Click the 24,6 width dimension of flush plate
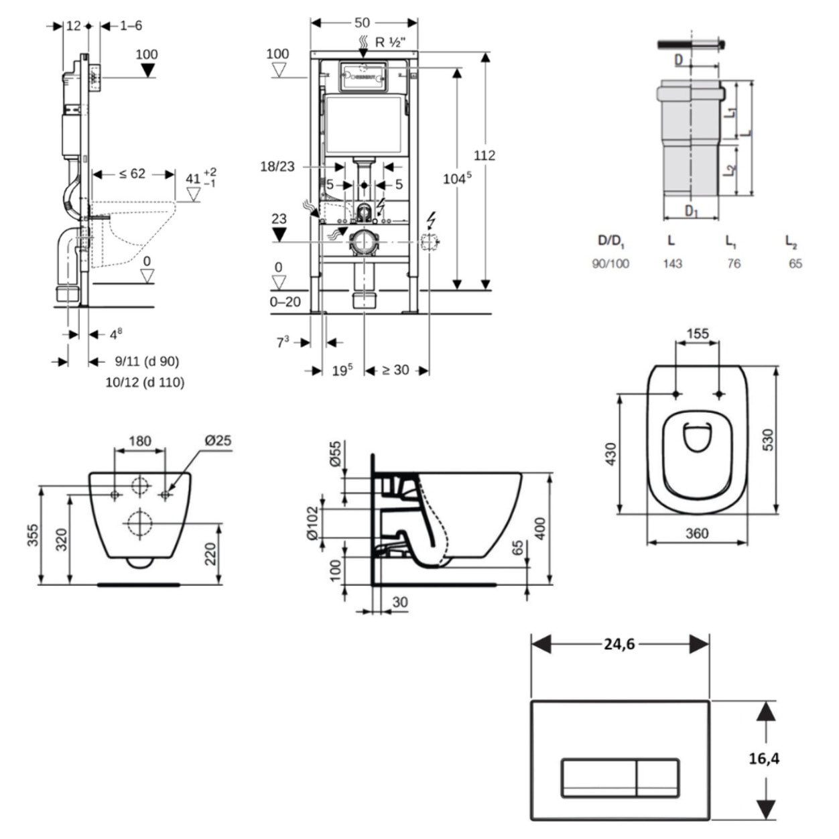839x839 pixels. click(x=619, y=644)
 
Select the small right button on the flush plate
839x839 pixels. click(x=657, y=777)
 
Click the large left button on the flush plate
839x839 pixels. click(x=598, y=777)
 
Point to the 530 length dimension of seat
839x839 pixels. click(x=767, y=440)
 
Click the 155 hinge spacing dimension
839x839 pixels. click(x=697, y=333)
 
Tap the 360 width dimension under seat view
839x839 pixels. click(x=697, y=533)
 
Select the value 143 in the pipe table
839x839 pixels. click(x=672, y=263)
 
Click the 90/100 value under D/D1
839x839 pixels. click(x=610, y=263)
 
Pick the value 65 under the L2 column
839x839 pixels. click(x=795, y=263)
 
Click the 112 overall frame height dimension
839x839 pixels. click(x=485, y=155)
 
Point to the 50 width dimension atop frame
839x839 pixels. click(x=362, y=22)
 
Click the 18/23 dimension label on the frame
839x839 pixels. click(x=277, y=166)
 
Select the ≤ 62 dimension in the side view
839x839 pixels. click(x=133, y=174)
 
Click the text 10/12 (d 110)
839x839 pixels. click(x=145, y=382)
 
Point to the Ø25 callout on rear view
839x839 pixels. click(x=218, y=440)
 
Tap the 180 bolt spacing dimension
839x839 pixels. click(x=139, y=440)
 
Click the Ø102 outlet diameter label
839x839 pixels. click(x=312, y=523)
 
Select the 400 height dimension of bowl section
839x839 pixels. click(x=540, y=527)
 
